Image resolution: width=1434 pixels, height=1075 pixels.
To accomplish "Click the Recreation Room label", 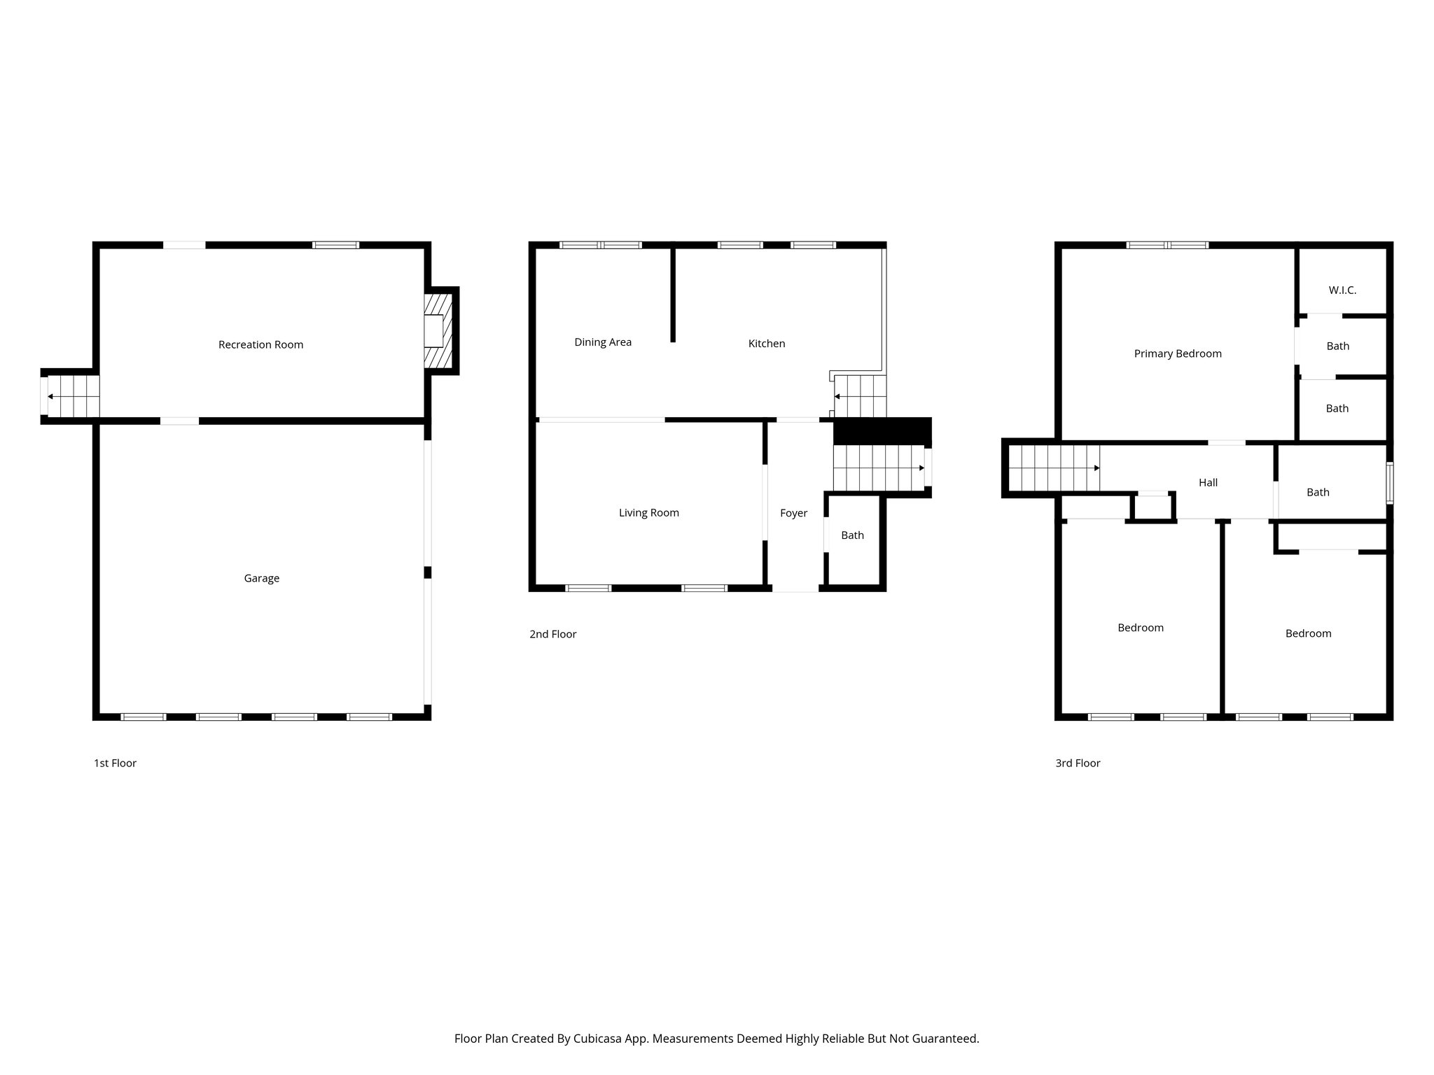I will tap(260, 344).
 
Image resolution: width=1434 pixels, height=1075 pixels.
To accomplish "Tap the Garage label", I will tap(261, 578).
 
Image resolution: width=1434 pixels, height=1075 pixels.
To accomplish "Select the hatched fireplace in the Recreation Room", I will tap(438, 331).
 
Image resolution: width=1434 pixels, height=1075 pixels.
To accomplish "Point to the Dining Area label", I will tap(603, 342).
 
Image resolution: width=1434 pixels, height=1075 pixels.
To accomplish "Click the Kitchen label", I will tap(767, 344).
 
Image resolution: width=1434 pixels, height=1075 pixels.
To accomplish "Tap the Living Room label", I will tap(648, 513).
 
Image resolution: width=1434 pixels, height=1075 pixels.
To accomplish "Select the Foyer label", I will tap(793, 513).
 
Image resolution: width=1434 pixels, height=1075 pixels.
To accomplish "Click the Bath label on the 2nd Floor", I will tap(852, 535).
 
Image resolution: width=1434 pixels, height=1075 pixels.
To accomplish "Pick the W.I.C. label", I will tap(1342, 290).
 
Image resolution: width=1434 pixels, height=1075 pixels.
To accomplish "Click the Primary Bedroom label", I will tap(1178, 353).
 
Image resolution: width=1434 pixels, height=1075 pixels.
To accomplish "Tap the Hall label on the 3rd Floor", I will tap(1208, 482).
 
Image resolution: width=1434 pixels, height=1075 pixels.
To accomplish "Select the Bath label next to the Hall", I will tap(1318, 492).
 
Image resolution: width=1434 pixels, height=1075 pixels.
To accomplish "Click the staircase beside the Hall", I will tap(1054, 468).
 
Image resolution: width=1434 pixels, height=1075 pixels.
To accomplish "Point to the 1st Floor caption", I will tap(115, 763).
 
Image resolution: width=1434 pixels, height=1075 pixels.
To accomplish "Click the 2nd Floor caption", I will tap(552, 634).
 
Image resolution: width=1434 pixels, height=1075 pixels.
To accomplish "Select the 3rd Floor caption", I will tap(1078, 763).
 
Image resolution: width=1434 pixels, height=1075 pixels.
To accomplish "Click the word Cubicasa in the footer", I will tap(599, 1039).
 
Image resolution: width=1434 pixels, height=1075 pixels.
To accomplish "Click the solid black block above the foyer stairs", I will tap(882, 430).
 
